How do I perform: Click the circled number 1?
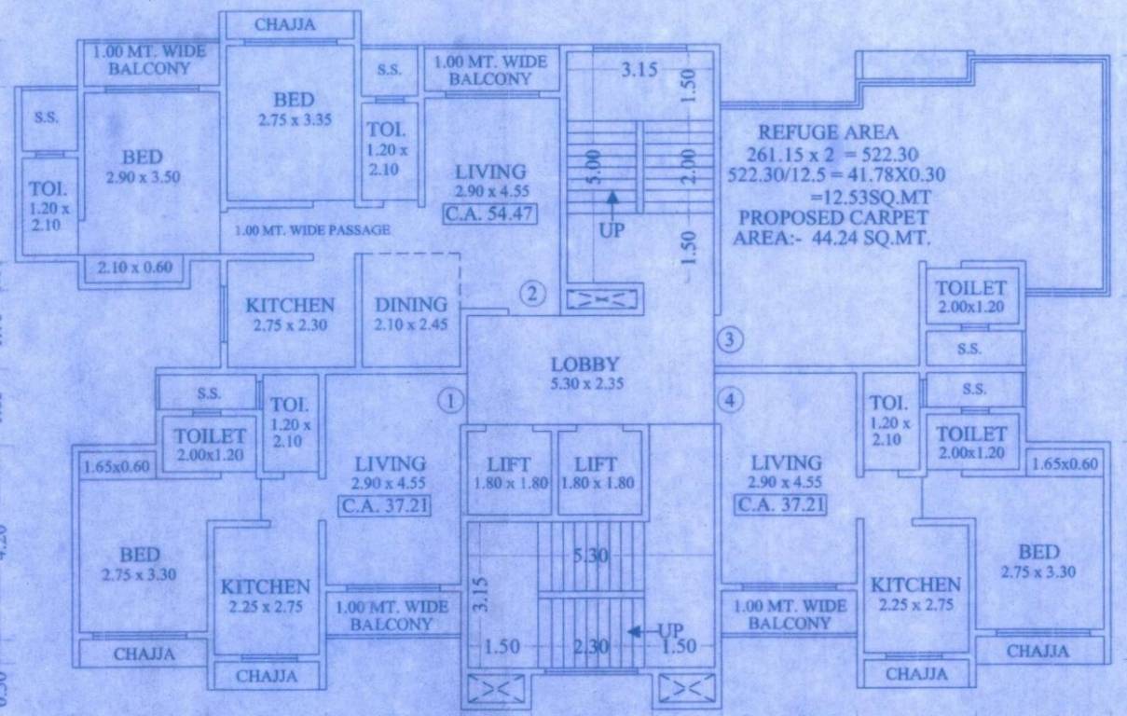[450, 401]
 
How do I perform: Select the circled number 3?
[730, 341]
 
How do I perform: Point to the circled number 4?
[730, 401]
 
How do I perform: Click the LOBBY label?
[584, 365]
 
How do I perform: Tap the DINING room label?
[410, 305]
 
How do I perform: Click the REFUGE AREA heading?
[828, 131]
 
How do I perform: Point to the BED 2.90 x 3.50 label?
[142, 158]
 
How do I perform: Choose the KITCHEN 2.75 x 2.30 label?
[290, 305]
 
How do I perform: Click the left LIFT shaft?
[508, 471]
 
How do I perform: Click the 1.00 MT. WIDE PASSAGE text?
[311, 230]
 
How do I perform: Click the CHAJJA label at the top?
[284, 25]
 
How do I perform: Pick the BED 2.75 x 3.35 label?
[294, 100]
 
